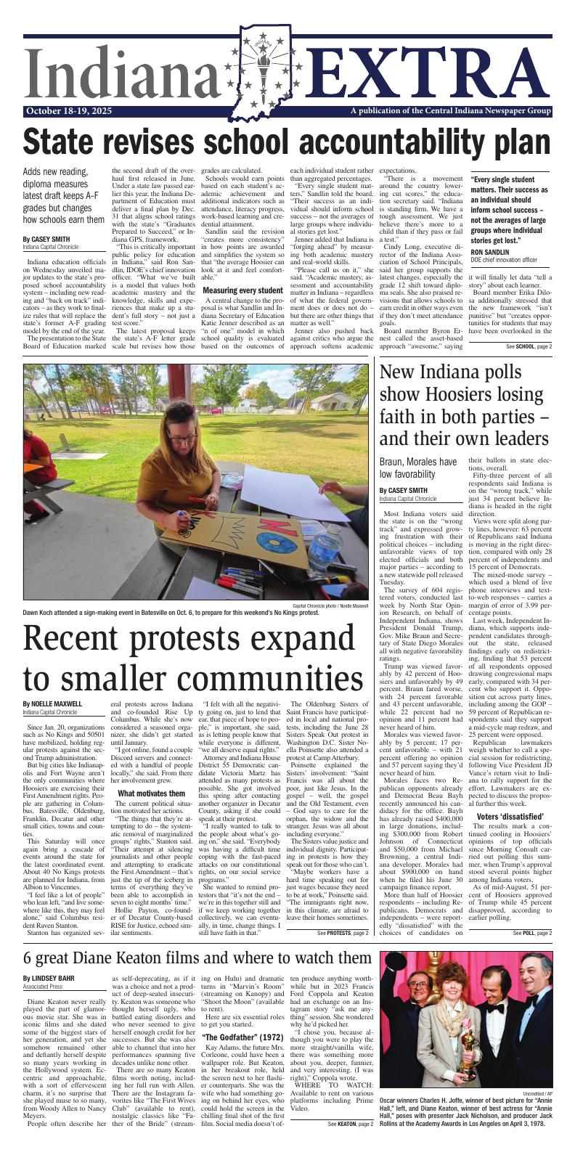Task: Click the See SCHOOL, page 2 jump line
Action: click(x=529, y=346)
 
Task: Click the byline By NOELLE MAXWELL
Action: click(x=52, y=703)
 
